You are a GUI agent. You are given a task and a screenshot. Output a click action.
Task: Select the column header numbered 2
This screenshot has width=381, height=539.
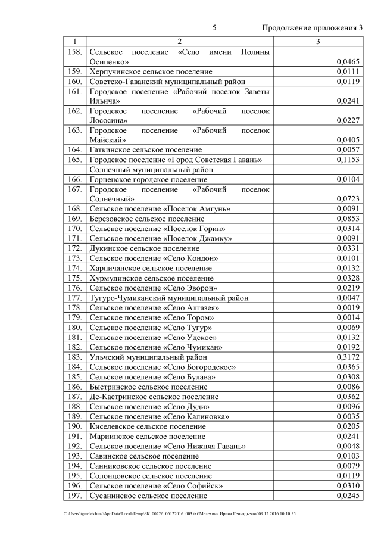pos(179,42)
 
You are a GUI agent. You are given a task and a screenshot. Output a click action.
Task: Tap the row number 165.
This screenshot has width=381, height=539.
pos(74,160)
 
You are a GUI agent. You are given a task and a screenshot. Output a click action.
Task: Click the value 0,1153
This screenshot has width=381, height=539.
pos(348,160)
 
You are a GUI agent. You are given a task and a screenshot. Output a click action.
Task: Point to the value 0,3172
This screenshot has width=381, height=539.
pos(348,357)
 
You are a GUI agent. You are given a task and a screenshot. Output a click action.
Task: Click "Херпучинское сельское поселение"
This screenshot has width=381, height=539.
pos(151,71)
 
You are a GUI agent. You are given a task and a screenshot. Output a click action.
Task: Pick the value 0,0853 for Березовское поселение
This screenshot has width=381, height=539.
pos(348,219)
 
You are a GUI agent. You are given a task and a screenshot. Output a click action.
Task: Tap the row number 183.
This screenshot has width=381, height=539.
pos(74,357)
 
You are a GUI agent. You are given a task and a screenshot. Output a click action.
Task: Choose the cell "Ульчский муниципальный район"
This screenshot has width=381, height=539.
pos(148,357)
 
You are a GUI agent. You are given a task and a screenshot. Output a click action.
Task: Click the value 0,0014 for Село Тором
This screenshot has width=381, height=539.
pos(348,317)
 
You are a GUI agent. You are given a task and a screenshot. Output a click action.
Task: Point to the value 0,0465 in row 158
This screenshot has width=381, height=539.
pos(348,61)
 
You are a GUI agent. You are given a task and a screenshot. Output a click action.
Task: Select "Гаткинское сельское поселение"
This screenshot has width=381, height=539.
pos(146,149)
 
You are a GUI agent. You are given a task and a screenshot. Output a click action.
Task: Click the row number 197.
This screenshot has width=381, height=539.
pos(74,495)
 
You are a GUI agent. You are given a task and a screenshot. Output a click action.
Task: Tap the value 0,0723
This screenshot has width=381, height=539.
pos(348,198)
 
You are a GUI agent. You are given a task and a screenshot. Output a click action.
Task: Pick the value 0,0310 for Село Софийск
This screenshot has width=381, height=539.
pos(348,485)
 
